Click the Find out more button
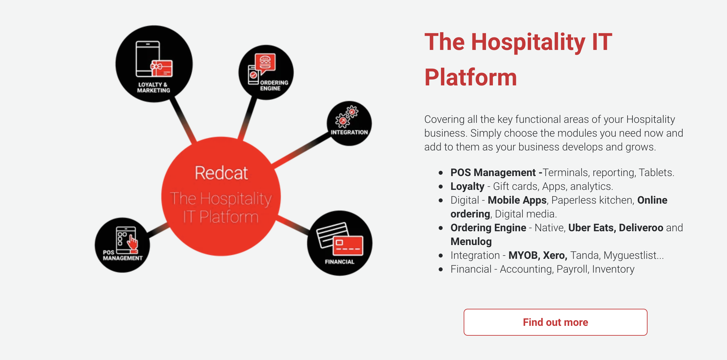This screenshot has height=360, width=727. point(555,322)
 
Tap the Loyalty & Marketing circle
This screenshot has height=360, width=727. point(154,64)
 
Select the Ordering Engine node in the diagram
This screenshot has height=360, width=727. point(266,73)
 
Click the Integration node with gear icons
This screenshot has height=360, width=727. point(349,123)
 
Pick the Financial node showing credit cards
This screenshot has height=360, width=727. point(340,243)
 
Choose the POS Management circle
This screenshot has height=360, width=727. point(122,245)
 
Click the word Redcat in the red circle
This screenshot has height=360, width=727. point(221,173)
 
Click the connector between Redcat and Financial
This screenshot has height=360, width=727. point(293,226)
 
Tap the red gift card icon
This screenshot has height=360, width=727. point(162,68)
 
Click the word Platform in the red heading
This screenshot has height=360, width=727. point(471,77)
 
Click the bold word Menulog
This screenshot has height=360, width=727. point(471,241)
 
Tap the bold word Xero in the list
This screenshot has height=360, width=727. point(555,255)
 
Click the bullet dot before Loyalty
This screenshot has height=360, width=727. point(441,186)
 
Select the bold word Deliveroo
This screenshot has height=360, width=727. point(641,228)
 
